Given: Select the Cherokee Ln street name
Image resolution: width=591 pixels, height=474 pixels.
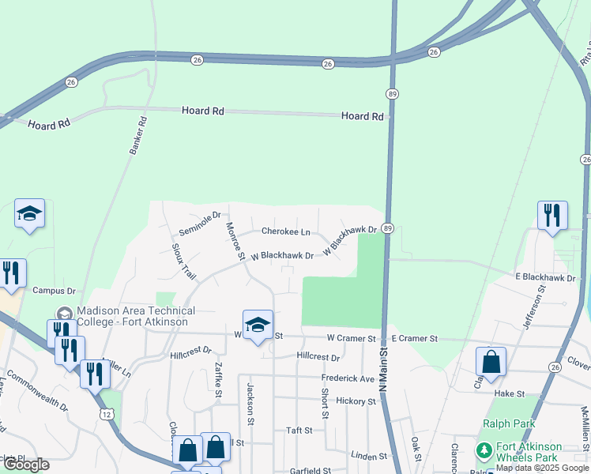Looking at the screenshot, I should click(285, 232).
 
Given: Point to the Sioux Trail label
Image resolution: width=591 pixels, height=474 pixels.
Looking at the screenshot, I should click(183, 261).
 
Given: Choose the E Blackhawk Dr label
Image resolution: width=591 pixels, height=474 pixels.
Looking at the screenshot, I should click(546, 277).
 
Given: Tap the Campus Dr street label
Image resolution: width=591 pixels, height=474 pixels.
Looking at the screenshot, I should click(53, 291).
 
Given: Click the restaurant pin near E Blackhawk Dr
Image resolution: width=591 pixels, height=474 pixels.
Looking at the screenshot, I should click(551, 216).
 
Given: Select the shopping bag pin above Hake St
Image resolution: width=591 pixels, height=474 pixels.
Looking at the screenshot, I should click(491, 362).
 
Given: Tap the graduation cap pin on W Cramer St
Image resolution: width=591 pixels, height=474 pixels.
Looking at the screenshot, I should click(257, 325).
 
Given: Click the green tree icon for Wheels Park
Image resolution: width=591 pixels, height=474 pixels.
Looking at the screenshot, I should click(483, 452).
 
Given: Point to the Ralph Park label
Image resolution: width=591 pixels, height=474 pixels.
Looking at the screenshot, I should click(509, 423).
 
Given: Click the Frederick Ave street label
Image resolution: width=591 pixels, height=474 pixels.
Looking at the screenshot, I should click(348, 378).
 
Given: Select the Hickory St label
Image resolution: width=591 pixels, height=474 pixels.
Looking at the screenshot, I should click(355, 401).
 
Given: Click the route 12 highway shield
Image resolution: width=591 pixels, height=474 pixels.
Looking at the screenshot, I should click(107, 415).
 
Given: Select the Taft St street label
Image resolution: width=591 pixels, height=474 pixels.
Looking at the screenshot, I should click(299, 431).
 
